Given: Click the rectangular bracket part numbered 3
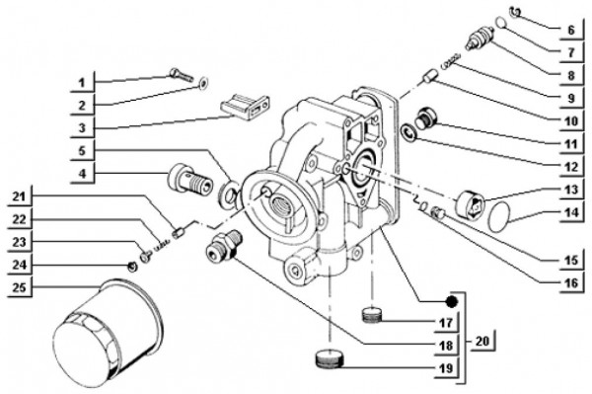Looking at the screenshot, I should tap(245, 105).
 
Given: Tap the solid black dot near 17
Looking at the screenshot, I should tap(450, 302).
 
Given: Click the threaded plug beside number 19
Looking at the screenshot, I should tap(328, 358).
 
